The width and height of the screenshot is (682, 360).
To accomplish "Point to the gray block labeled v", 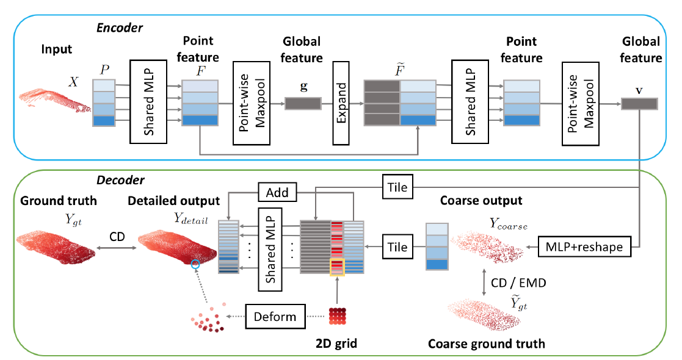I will [639, 104].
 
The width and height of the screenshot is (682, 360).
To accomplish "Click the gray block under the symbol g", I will [303, 104].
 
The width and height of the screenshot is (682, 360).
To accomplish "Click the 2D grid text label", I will [336, 344].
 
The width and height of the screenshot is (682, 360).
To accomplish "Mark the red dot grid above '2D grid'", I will [338, 317].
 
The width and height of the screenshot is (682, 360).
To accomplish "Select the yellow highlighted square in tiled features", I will [337, 266].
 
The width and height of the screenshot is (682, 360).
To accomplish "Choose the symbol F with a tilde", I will [382, 68].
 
